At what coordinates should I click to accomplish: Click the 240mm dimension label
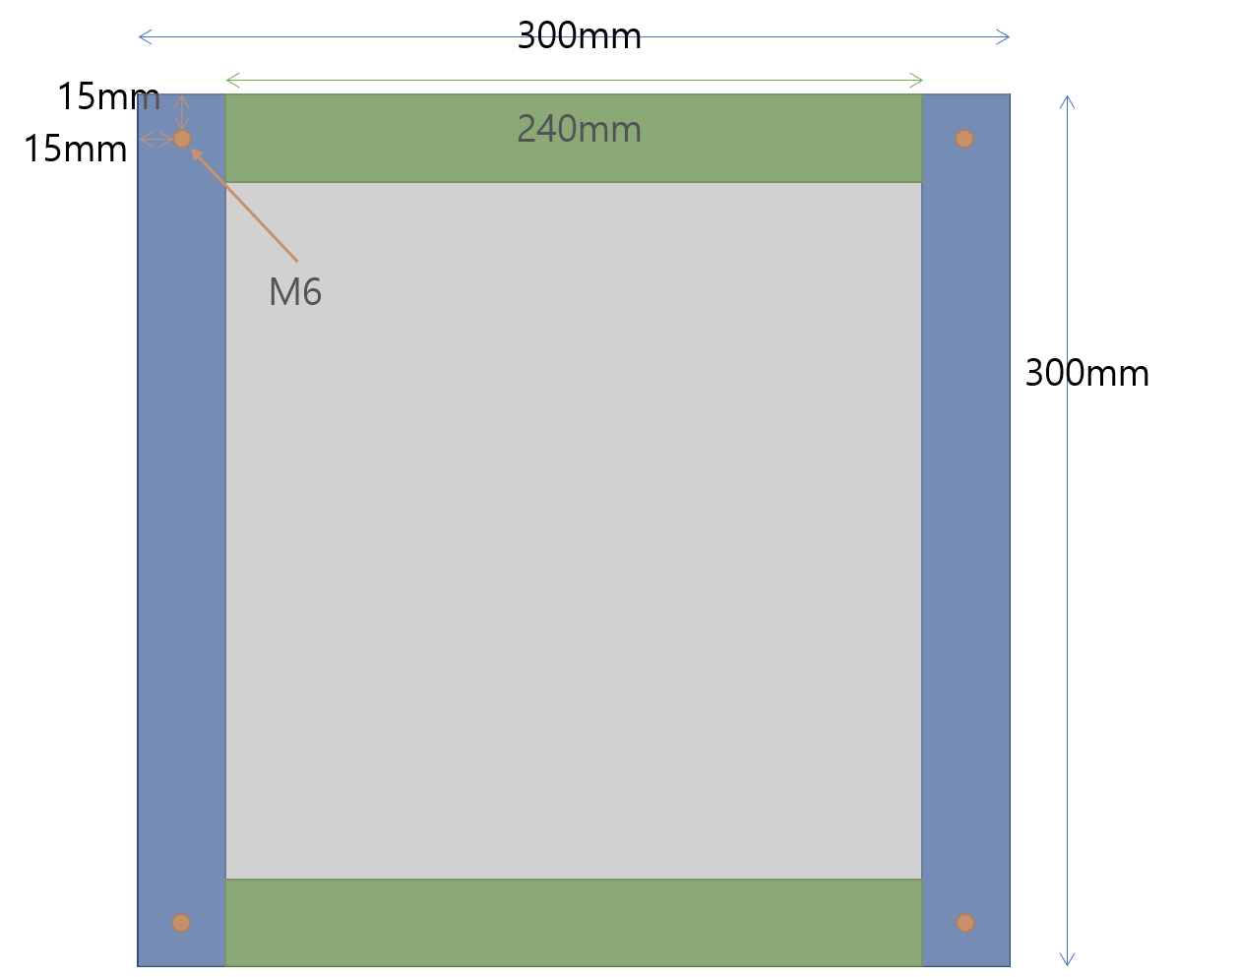(x=579, y=129)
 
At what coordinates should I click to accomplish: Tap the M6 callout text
(x=295, y=292)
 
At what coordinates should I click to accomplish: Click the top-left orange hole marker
(x=182, y=139)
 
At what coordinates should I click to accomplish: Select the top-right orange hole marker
(x=964, y=139)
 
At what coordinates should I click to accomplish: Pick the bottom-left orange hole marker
(x=181, y=923)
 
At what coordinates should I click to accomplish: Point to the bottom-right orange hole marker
(x=965, y=923)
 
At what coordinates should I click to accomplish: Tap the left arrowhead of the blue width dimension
(x=144, y=37)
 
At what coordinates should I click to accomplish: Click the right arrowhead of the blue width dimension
(x=1004, y=37)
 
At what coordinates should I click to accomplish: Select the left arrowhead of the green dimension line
(x=232, y=80)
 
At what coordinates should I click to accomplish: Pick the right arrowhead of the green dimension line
(x=917, y=80)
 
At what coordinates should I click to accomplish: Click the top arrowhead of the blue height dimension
(x=1067, y=101)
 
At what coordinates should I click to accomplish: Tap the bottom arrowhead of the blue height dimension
(x=1067, y=959)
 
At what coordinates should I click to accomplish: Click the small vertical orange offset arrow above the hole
(x=181, y=112)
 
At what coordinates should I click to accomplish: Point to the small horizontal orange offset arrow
(x=155, y=140)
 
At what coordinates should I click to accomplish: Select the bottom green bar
(x=574, y=923)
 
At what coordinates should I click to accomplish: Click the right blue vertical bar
(x=965, y=531)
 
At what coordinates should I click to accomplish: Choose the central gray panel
(x=574, y=531)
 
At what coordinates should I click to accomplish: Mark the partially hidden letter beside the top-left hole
(x=151, y=101)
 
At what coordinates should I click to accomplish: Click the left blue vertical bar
(x=181, y=531)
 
